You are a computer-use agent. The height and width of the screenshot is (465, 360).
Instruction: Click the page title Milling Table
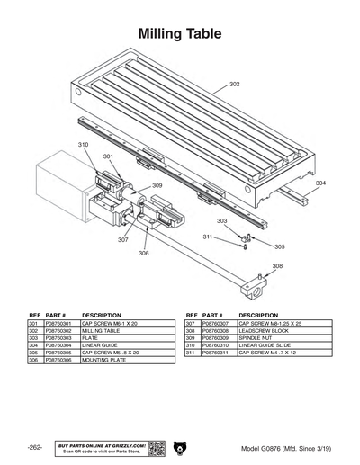pos(179,34)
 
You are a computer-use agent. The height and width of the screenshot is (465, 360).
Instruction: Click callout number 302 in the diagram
pos(234,84)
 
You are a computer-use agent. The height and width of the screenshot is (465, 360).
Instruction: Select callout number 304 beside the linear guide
pos(320,183)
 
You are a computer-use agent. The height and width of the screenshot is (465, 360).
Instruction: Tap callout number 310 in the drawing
pos(83,144)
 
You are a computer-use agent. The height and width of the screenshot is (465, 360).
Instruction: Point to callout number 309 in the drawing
pos(157,185)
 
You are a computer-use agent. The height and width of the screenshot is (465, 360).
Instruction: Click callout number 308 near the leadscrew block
pos(277,266)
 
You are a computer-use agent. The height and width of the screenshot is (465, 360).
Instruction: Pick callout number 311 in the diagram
pos(207,237)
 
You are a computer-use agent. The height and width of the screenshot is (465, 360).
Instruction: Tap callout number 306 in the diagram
pos(143,254)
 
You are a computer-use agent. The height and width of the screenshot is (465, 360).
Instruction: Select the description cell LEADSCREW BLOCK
pos(247,330)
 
